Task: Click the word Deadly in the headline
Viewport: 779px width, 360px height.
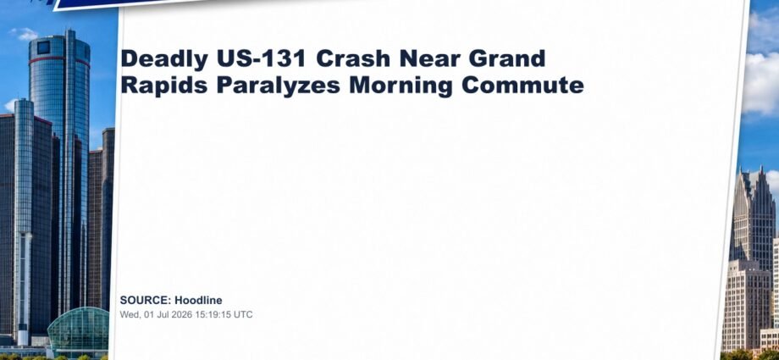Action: pyautogui.click(x=164, y=59)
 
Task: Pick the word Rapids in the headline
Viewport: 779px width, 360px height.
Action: pyautogui.click(x=164, y=86)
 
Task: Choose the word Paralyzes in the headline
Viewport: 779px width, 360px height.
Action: pyautogui.click(x=279, y=86)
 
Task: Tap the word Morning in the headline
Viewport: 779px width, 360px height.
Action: pyautogui.click(x=401, y=86)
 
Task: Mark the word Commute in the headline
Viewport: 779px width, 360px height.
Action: pyautogui.click(x=522, y=85)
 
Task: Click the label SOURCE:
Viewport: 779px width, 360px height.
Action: pyautogui.click(x=146, y=301)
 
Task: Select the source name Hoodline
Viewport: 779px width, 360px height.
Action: pyautogui.click(x=198, y=301)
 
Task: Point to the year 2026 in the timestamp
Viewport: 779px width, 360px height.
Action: pyautogui.click(x=181, y=315)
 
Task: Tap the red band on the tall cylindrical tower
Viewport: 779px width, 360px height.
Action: pyautogui.click(x=59, y=61)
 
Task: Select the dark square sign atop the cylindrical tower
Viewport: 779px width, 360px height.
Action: pyautogui.click(x=44, y=47)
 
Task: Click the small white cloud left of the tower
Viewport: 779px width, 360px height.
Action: pyautogui.click(x=24, y=34)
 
